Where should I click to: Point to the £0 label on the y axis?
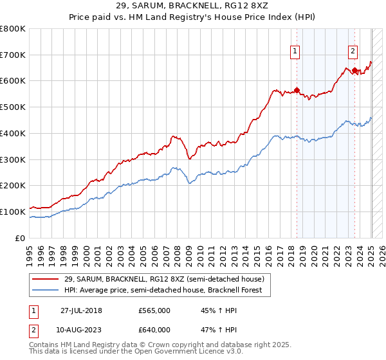tap(21, 238)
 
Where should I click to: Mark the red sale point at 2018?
tap(297, 90)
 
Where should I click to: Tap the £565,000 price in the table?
tap(154, 311)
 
